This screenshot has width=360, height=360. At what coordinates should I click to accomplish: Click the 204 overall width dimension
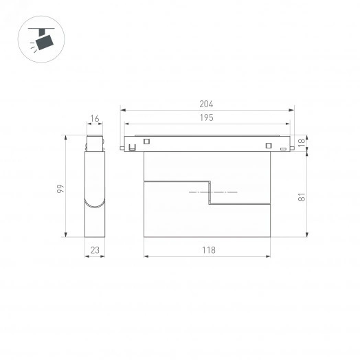tap(207, 104)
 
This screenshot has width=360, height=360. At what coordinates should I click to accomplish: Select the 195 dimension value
tap(207, 118)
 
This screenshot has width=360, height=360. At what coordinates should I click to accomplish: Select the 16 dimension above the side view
tap(95, 119)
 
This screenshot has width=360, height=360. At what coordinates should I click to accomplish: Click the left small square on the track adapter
tap(146, 143)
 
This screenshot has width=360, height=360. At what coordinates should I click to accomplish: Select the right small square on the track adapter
tap(267, 144)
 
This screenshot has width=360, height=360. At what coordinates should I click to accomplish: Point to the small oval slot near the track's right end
tap(282, 147)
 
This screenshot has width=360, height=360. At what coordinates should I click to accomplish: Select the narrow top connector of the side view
tap(95, 144)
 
